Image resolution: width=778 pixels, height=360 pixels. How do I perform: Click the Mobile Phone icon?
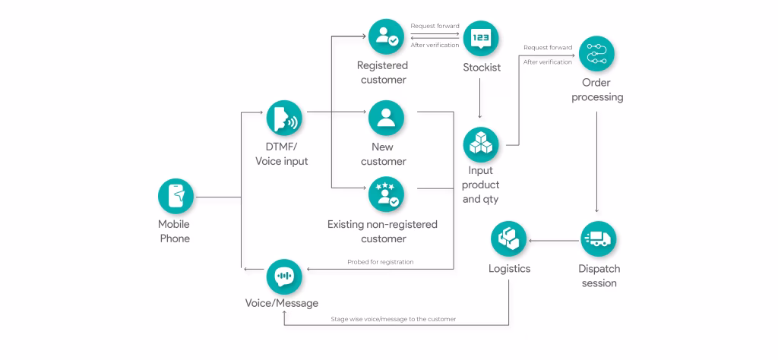pos(176,197)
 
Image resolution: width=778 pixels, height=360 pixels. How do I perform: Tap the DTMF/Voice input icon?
pos(285,118)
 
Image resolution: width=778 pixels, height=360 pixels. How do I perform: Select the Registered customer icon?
pos(387,36)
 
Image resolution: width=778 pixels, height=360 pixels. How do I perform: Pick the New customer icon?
pos(387,118)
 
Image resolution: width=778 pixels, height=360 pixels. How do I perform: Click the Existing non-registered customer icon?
pos(387,194)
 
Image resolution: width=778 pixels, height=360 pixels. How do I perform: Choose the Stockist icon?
pos(481,36)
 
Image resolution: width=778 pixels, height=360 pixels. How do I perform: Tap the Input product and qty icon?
pos(481,144)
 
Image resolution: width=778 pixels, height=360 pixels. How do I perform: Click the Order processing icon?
pos(596,53)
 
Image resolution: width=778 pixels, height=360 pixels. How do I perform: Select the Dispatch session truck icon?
pos(598,239)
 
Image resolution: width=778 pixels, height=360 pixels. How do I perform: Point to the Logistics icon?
pos(508,239)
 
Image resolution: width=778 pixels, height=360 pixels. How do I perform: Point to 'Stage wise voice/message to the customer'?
pos(394,319)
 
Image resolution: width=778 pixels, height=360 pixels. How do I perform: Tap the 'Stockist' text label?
pos(482,68)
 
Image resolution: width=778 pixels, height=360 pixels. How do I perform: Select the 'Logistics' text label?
pos(509,269)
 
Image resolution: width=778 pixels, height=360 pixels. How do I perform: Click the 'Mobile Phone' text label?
pos(174,231)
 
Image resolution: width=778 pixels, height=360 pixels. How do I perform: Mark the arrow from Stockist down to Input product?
pos(480,99)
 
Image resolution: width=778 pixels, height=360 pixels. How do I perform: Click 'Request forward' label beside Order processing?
pos(548,48)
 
